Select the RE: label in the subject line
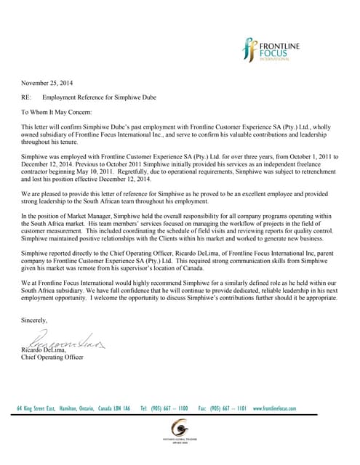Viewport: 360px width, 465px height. click(28, 97)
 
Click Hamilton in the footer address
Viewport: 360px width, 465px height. click(71, 409)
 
